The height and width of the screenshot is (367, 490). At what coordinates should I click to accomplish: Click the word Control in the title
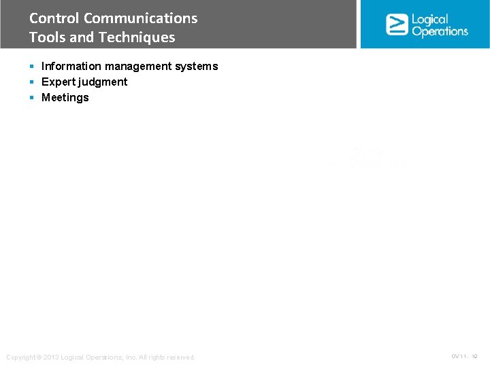54,18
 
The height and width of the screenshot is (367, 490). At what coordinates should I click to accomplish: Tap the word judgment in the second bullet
103,82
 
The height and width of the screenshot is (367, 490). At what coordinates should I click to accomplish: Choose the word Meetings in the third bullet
65,97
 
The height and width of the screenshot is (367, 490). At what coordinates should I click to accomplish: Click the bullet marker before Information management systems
32,66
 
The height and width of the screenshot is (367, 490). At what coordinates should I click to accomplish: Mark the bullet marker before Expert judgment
32,82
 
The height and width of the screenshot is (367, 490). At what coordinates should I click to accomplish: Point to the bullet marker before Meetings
32,97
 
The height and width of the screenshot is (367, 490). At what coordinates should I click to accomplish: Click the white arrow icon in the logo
397,24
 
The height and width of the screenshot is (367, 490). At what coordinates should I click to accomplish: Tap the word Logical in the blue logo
430,19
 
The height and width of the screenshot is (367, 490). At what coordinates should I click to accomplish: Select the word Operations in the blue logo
440,31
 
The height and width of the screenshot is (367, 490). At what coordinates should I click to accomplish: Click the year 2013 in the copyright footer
52,357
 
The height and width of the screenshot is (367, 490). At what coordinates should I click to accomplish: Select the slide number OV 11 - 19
465,356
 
